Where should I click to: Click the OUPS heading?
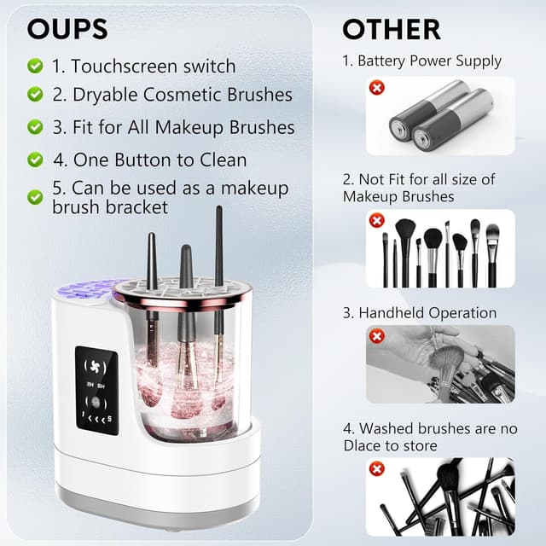click(67, 28)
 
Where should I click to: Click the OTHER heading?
click(391, 29)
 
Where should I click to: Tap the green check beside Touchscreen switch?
click(35, 66)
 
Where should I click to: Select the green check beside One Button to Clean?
click(35, 160)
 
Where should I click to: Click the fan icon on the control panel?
click(96, 363)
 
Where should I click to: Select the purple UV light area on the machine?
click(83, 292)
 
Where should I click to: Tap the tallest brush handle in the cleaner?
click(219, 247)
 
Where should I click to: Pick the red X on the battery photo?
click(376, 88)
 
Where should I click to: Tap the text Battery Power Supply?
click(429, 61)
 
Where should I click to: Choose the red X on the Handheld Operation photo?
click(376, 336)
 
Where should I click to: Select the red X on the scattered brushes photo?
click(376, 468)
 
